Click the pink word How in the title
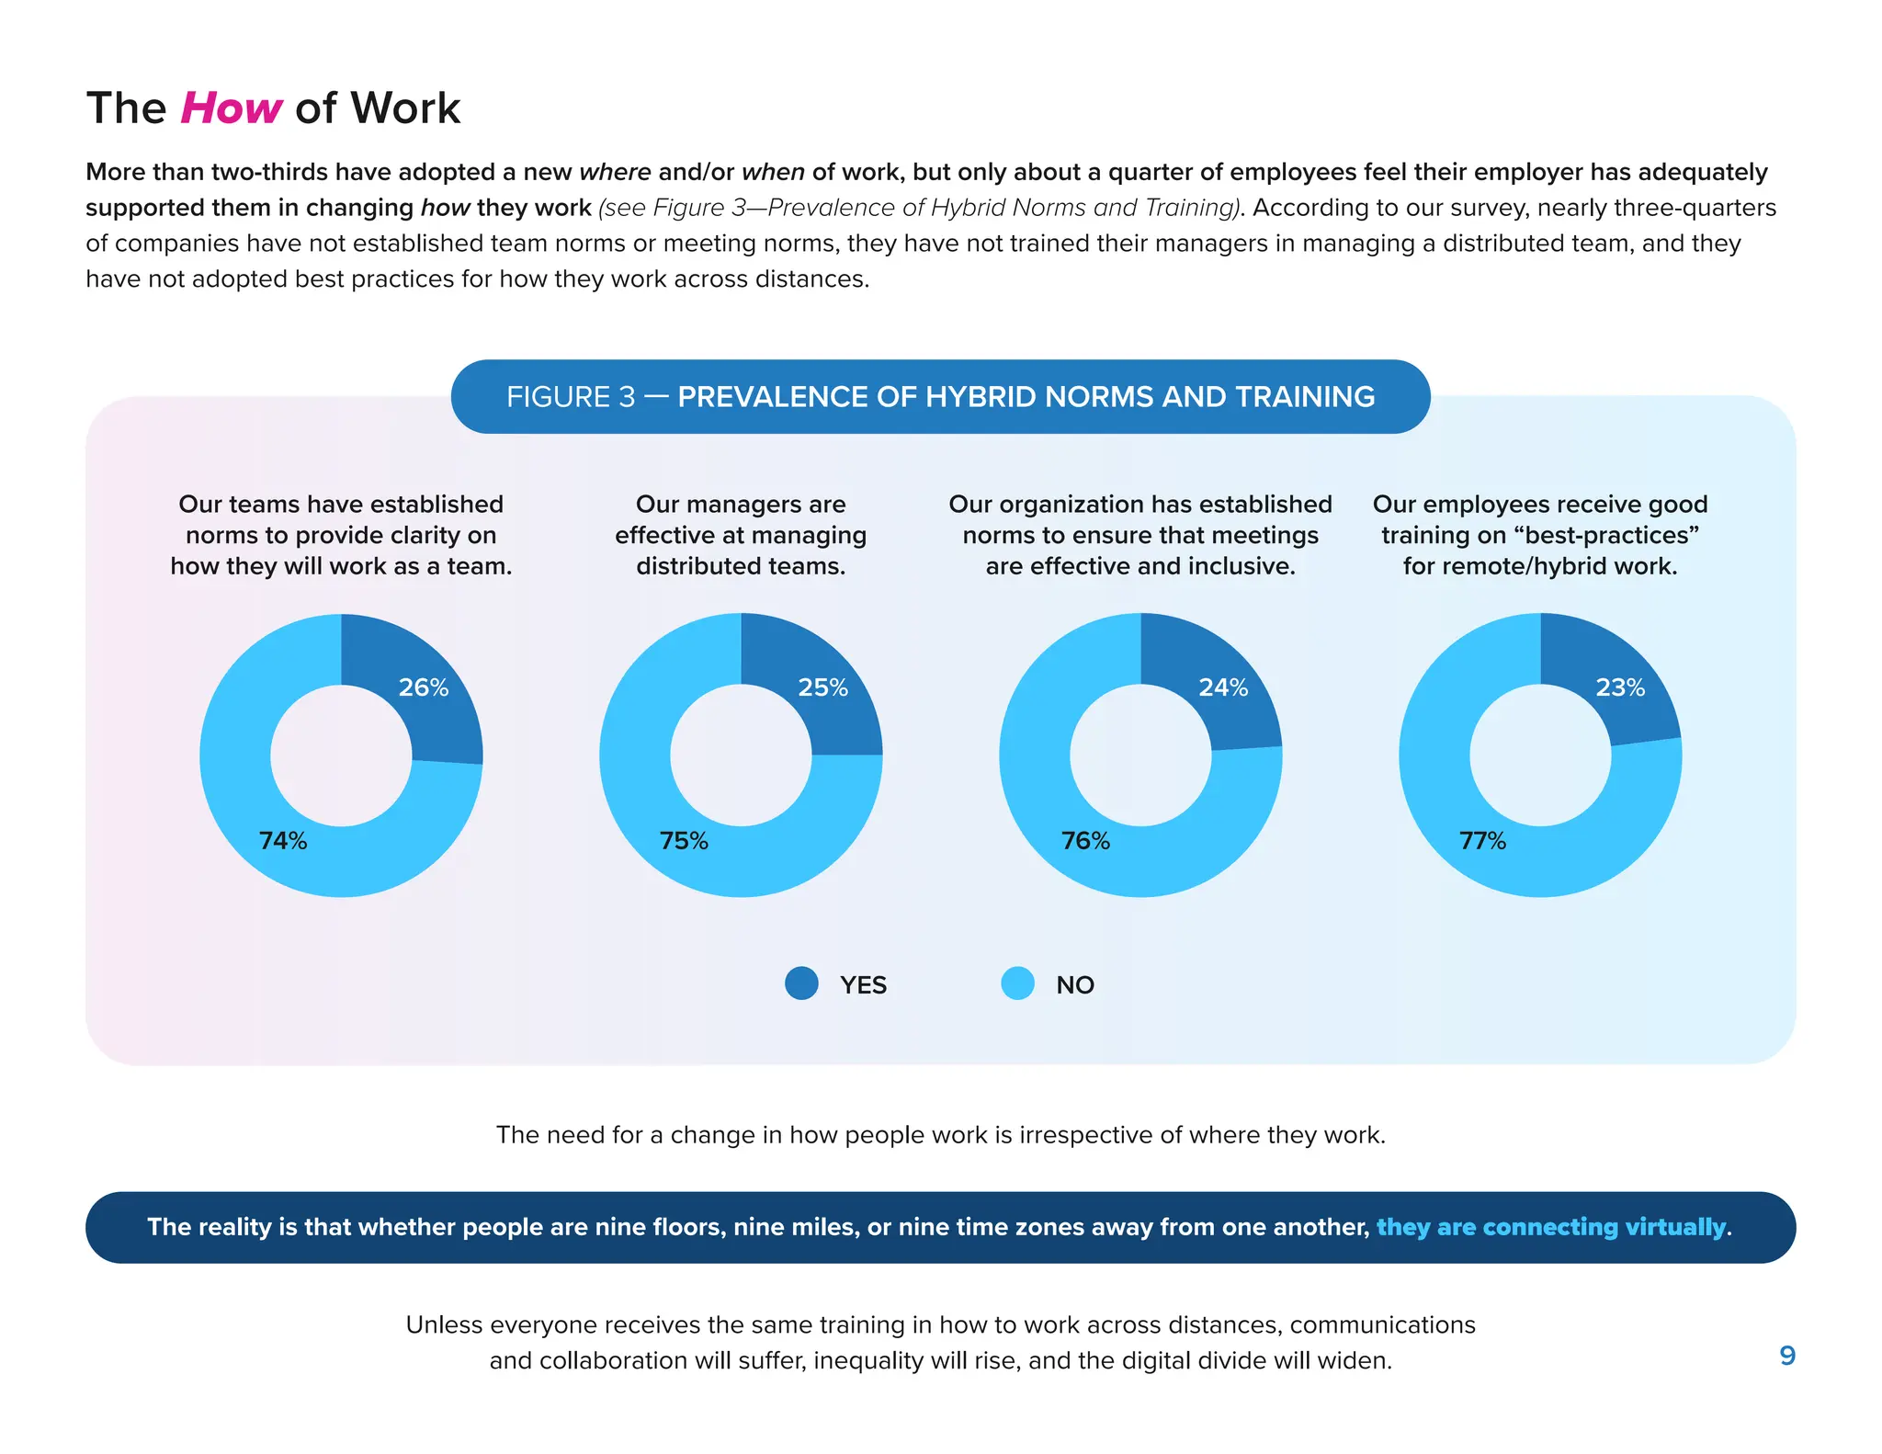click(231, 108)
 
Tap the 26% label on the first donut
click(424, 687)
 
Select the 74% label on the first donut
click(283, 841)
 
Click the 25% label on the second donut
click(822, 687)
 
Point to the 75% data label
click(684, 841)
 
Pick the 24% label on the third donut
click(1223, 687)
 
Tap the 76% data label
click(1085, 841)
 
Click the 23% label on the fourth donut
click(1620, 687)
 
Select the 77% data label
click(1482, 841)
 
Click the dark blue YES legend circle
click(801, 983)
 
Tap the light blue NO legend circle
click(1017, 983)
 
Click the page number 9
click(1787, 1356)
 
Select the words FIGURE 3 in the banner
click(571, 397)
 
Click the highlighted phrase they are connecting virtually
click(1551, 1227)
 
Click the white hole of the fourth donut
click(1540, 755)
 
